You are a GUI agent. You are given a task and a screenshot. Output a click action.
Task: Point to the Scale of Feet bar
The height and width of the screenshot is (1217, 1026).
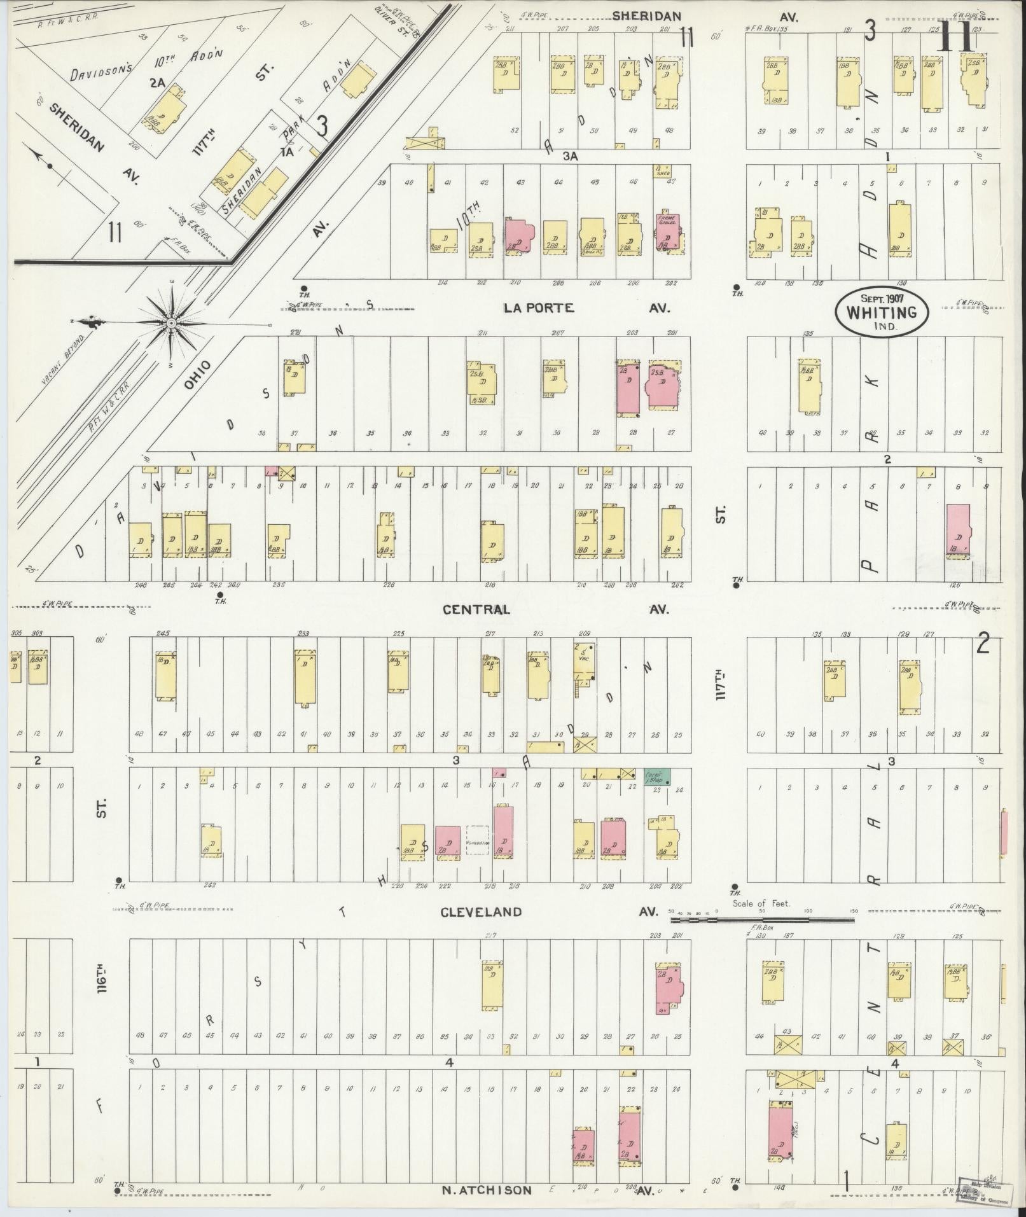763,919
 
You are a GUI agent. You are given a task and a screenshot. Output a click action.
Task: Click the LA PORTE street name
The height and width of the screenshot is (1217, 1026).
538,308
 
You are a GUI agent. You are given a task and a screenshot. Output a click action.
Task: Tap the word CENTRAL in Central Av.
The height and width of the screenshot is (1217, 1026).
476,609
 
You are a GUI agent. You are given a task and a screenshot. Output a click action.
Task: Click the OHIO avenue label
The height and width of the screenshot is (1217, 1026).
197,375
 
